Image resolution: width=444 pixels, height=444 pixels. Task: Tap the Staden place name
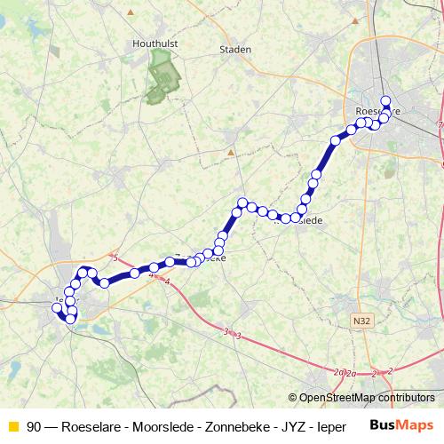[235, 50]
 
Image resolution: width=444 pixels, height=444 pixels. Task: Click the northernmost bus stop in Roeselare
[385, 100]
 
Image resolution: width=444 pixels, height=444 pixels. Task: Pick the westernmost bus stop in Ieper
[59, 308]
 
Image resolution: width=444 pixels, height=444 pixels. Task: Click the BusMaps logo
[400, 426]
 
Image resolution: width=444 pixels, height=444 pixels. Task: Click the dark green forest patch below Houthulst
[163, 78]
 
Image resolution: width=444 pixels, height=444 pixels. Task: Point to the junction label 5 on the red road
[115, 258]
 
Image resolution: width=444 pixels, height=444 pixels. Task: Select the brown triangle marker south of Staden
[231, 152]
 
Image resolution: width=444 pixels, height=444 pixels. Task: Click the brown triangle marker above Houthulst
[131, 12]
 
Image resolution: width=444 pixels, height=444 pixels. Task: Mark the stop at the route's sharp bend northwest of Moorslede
[242, 202]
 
